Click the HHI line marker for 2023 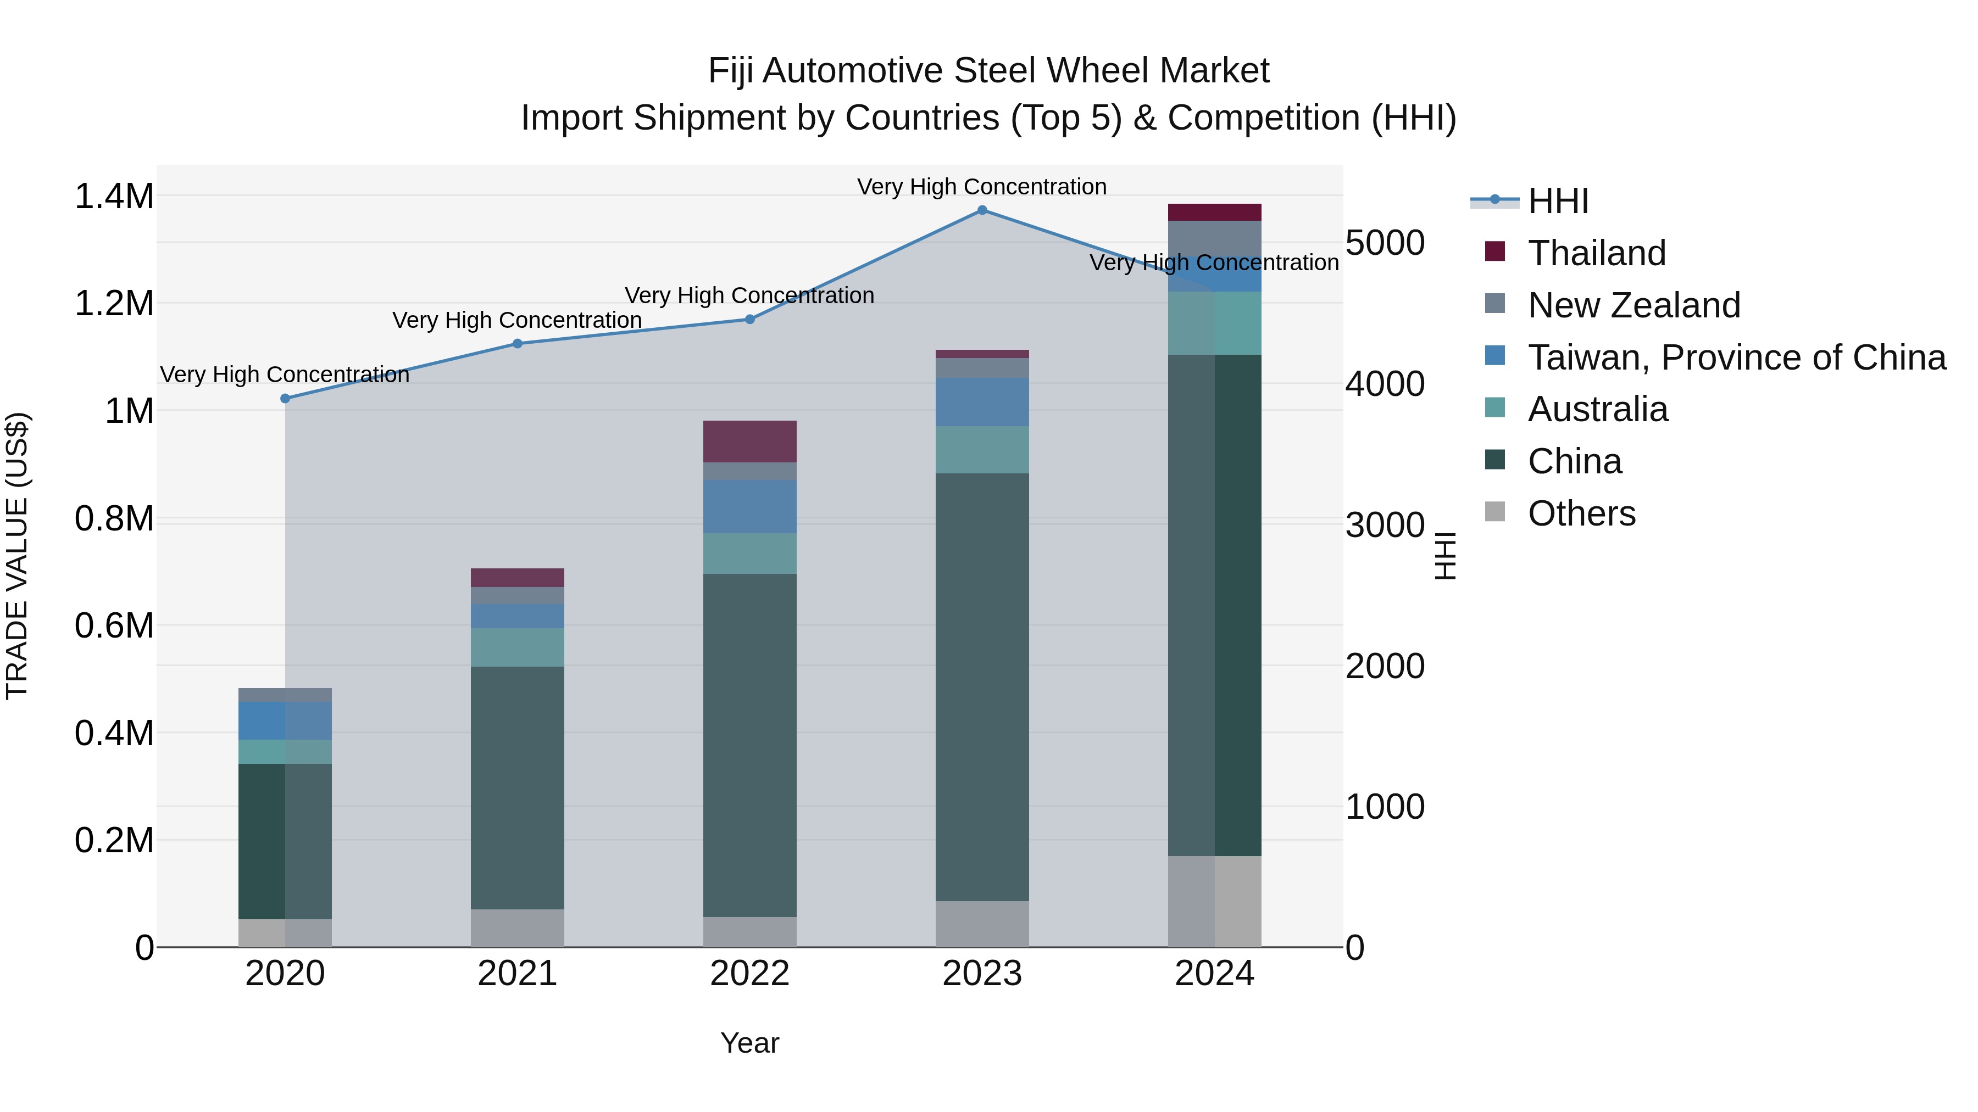tap(982, 210)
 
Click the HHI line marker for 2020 tap(285, 398)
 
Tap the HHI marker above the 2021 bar tap(518, 344)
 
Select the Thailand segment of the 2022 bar tap(749, 442)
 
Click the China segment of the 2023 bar tap(982, 687)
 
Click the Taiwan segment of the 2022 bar tap(749, 506)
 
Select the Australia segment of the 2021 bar tap(518, 647)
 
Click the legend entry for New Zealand tap(1633, 305)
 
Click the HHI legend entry tap(1557, 201)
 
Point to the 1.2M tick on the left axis tap(114, 304)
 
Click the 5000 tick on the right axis tap(1385, 243)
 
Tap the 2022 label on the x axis tap(749, 974)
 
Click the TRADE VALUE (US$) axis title tap(18, 556)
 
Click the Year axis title tap(749, 1043)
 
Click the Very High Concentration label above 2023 tap(981, 187)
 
